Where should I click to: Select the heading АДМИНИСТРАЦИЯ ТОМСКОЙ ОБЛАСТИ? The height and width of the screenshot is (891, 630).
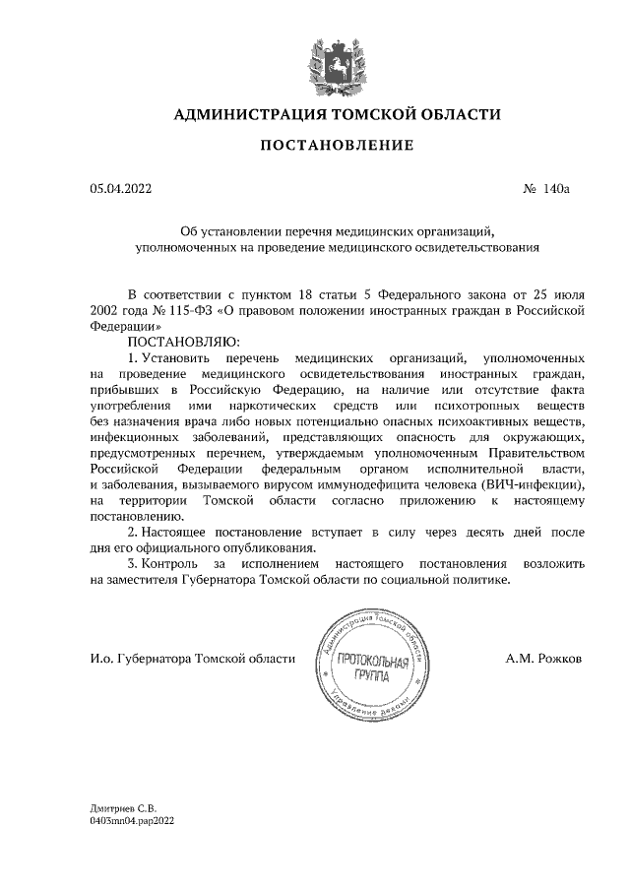337,115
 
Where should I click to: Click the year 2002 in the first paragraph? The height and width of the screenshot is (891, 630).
102,310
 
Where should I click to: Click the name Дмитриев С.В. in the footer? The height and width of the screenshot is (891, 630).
123,806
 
